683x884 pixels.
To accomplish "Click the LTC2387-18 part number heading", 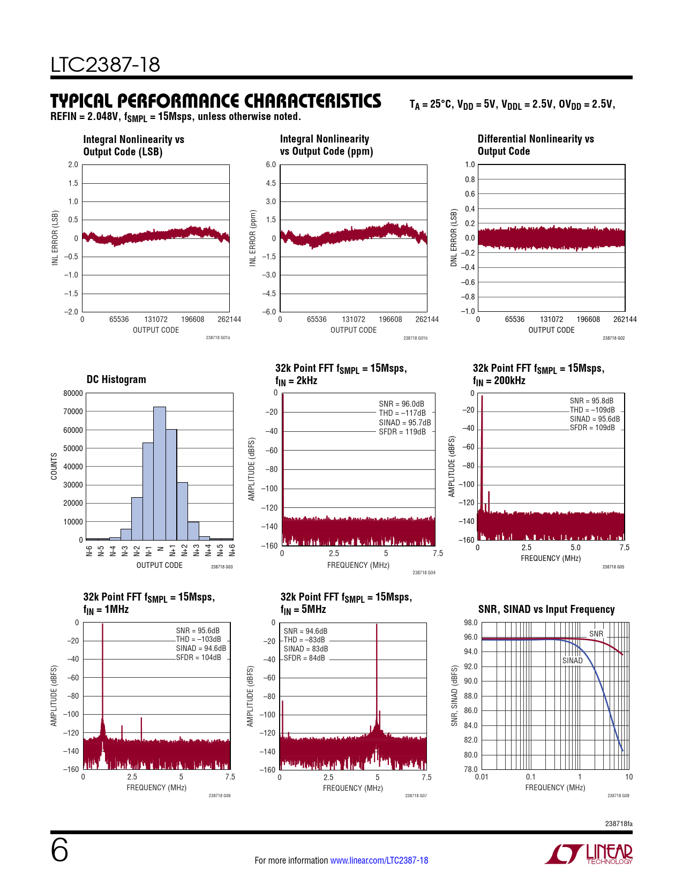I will (x=106, y=65).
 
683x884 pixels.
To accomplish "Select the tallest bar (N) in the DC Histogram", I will (x=160, y=474).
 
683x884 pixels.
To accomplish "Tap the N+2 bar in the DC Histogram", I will (x=182, y=511).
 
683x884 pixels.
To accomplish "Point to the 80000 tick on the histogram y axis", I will (x=73, y=393).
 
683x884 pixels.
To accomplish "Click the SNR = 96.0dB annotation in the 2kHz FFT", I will (x=401, y=404).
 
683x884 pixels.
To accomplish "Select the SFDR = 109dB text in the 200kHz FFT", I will (x=592, y=428).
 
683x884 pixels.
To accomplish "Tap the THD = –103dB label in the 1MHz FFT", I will (x=198, y=639).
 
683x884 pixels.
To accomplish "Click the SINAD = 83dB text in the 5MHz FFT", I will (x=305, y=649).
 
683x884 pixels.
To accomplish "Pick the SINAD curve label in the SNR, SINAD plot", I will (x=572, y=661).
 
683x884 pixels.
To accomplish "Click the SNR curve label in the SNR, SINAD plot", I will (x=596, y=634).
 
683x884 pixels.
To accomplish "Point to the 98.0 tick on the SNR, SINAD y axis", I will (x=470, y=623).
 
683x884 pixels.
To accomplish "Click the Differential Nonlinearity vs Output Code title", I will (x=536, y=145).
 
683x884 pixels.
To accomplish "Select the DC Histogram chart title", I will (x=116, y=379).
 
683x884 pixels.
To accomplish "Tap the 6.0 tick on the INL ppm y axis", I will (x=271, y=164).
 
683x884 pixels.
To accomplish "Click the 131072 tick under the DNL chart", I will (x=551, y=319).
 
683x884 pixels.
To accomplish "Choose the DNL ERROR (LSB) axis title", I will (x=454, y=237).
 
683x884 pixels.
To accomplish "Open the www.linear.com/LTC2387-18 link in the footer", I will (x=379, y=860).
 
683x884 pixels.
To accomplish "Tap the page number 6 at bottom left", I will (x=59, y=851).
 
